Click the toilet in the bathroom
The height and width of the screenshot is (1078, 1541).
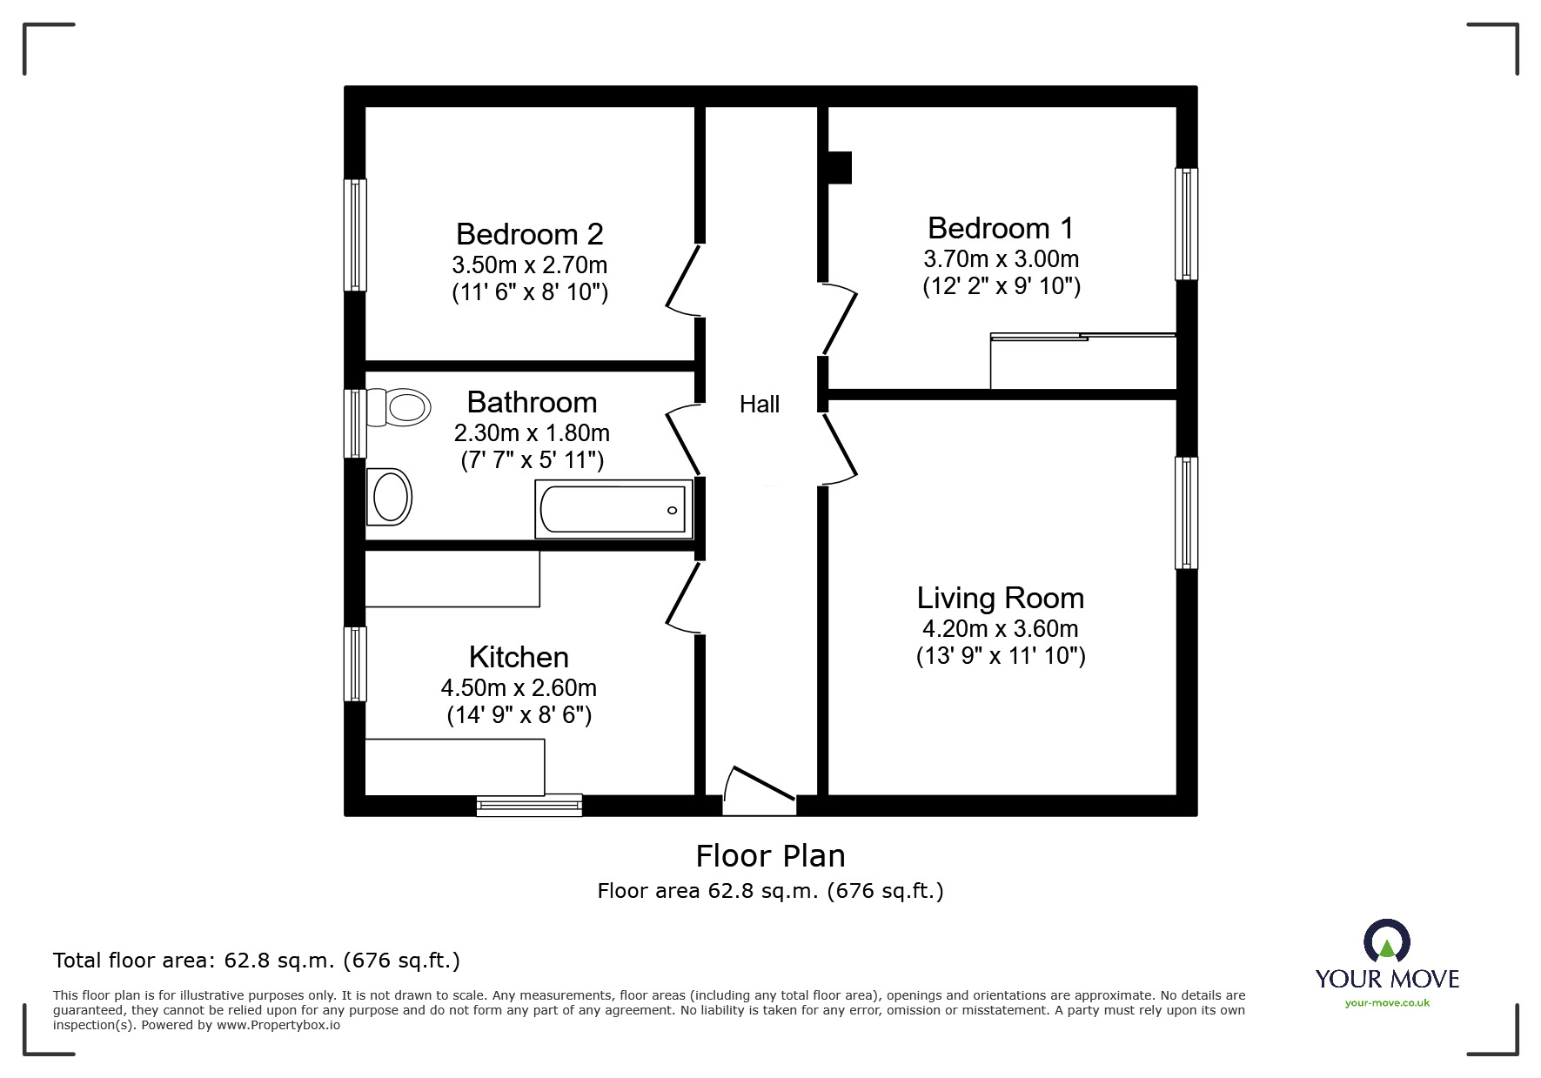click(x=401, y=407)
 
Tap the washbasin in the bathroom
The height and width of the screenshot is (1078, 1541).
click(x=389, y=498)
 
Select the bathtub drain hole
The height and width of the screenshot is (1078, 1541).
click(x=672, y=510)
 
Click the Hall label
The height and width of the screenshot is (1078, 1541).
click(x=760, y=405)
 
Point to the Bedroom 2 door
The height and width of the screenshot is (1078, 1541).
click(x=683, y=278)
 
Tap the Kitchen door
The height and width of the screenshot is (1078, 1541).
click(x=683, y=595)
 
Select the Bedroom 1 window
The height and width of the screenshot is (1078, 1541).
click(x=1186, y=224)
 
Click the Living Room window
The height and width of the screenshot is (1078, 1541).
click(x=1186, y=512)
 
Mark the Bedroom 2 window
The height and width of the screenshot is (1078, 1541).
click(x=355, y=235)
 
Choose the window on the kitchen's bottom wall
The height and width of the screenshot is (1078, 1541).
click(x=529, y=805)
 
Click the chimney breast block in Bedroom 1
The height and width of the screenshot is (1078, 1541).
click(x=839, y=168)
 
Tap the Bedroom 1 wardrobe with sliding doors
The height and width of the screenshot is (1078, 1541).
click(x=1083, y=361)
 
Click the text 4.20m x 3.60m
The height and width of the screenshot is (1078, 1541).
click(x=1000, y=629)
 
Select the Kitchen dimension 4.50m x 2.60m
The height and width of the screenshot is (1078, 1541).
click(x=519, y=688)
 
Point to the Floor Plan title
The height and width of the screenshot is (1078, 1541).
click(x=770, y=856)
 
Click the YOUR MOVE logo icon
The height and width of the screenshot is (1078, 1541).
click(x=1386, y=942)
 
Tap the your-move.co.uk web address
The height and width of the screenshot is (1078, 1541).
click(x=1387, y=1003)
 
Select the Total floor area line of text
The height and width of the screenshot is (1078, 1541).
click(x=257, y=961)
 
